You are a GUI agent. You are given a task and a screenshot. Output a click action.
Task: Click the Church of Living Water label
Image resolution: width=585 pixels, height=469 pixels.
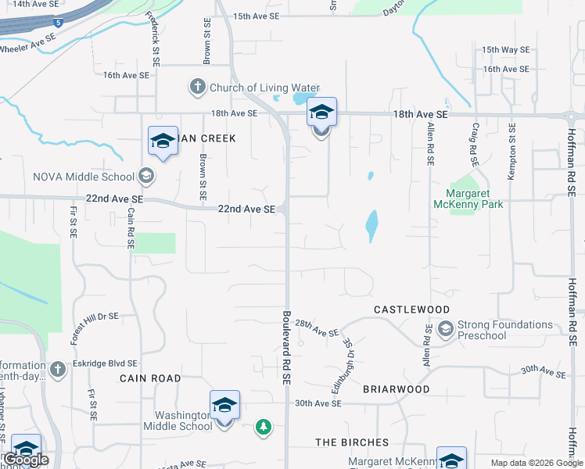pos(265,88)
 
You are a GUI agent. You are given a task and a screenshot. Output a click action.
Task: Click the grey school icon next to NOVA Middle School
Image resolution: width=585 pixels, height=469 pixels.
pos(145,175)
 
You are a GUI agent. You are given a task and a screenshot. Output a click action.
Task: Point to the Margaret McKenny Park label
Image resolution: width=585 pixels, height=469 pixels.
pos(475,199)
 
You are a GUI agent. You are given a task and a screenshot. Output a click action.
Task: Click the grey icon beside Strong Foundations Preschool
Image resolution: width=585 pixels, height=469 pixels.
pos(446,328)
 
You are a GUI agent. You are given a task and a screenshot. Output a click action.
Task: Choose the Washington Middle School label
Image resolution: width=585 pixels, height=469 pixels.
pos(178,421)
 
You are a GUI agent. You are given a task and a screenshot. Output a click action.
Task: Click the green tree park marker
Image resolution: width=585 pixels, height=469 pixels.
pos(264,426)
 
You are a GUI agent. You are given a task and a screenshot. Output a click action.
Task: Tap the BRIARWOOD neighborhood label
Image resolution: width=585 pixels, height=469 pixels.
pos(397,388)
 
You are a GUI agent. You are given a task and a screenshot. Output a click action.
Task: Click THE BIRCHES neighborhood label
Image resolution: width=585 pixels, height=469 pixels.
pos(352,442)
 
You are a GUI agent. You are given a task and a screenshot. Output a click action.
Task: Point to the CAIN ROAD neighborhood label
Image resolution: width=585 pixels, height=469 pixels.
pos(150,378)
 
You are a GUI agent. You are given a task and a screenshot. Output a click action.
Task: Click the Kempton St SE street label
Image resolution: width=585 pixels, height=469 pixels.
pos(511,152)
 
